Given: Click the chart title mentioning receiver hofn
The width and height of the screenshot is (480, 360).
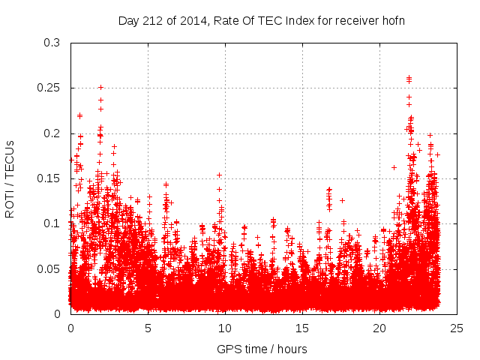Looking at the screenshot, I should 262,20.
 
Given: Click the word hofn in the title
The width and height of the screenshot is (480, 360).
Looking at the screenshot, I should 392,20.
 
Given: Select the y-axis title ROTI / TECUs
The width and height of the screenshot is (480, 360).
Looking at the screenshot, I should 10,178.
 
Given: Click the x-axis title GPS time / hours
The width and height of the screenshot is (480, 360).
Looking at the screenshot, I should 262,349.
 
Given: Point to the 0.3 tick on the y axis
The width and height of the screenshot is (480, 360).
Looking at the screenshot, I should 51,43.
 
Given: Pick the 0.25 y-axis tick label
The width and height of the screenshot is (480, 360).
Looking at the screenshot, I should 48,88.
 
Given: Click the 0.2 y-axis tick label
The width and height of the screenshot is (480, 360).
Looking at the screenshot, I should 51,133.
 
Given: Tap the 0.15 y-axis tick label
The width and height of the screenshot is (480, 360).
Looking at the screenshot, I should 48,178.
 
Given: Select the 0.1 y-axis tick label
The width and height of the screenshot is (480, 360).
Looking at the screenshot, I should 51,223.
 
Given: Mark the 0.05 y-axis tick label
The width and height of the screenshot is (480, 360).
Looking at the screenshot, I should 48,268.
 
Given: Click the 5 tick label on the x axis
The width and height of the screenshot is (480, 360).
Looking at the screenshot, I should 148,328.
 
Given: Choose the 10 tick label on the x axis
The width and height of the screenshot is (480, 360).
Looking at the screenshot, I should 225,328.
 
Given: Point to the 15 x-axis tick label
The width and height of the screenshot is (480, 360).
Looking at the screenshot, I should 302,328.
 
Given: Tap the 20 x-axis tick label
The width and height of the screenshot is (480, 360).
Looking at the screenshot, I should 379,328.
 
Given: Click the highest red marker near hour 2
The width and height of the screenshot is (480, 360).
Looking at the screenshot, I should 100,87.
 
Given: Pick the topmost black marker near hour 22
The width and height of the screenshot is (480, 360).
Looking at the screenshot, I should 409,77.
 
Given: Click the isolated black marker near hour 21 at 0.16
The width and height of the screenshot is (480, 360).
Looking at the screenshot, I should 394,167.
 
